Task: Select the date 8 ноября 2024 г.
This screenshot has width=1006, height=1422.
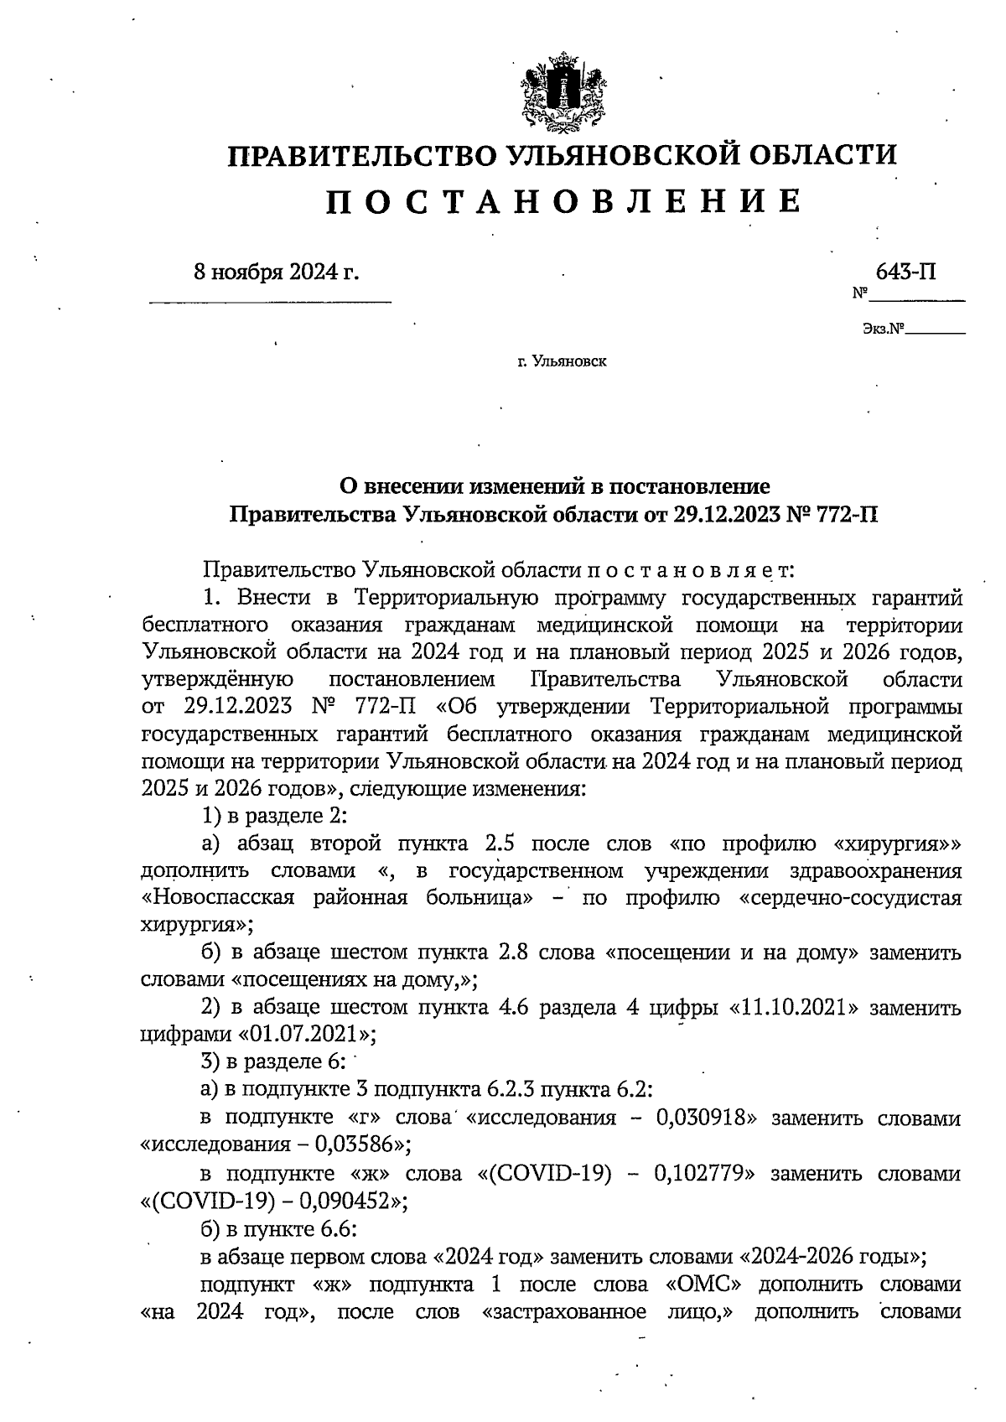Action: pos(276,272)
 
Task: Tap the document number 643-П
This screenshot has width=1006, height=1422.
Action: pos(905,272)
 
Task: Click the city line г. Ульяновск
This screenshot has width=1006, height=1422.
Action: pos(562,362)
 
